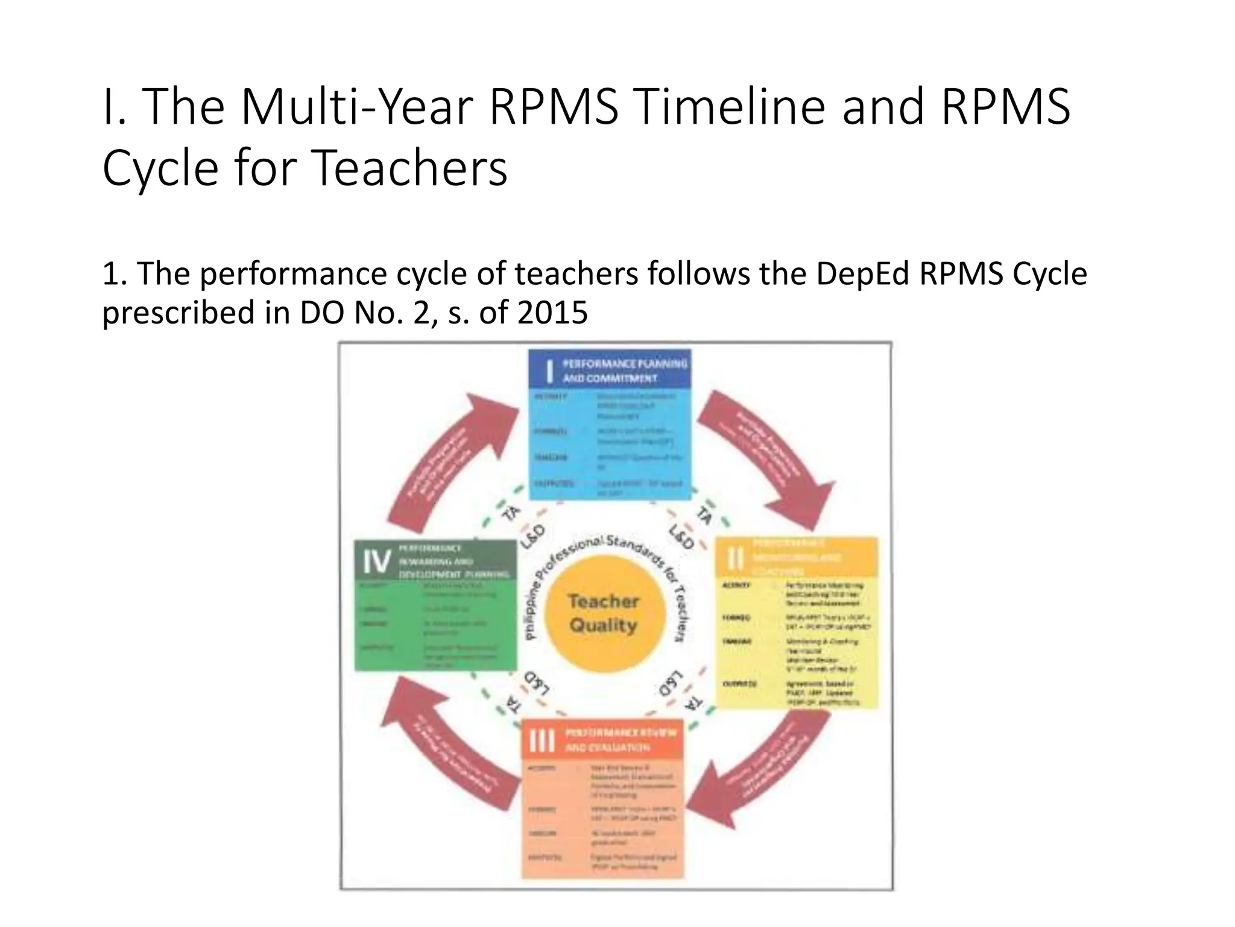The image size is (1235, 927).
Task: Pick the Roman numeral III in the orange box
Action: coord(541,740)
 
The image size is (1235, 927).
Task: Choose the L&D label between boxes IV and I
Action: coord(532,536)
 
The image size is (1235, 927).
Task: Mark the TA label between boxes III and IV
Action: coord(513,703)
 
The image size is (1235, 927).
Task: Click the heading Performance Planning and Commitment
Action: coord(625,371)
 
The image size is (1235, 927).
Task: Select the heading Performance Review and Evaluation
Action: coord(620,740)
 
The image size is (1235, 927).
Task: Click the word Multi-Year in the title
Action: coord(356,107)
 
